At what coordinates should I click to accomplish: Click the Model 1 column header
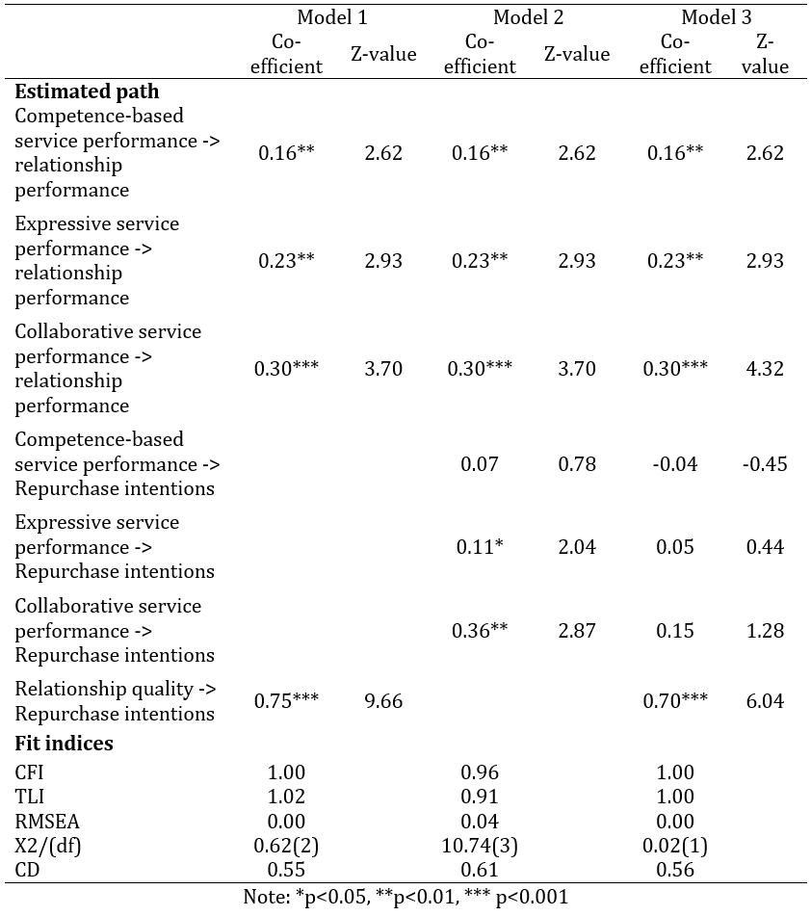332,17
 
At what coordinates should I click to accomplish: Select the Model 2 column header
528,17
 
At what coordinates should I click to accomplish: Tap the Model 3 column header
717,17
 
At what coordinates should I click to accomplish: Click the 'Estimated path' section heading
87,92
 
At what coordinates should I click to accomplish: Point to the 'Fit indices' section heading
64,743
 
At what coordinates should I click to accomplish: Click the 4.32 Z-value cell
765,369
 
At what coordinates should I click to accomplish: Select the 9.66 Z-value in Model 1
383,701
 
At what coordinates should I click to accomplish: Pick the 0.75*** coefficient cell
286,700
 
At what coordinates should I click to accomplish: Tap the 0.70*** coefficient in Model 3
675,700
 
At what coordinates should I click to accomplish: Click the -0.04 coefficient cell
675,464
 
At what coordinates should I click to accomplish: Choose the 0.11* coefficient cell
480,547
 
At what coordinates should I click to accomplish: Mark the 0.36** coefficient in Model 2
480,630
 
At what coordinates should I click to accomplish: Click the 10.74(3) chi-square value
480,846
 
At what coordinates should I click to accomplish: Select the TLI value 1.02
286,797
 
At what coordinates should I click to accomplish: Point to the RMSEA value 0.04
480,822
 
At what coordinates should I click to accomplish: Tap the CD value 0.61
480,870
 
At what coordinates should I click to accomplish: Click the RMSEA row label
47,822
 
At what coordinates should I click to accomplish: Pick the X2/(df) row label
48,846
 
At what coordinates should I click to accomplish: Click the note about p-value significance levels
405,898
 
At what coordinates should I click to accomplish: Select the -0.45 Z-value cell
765,464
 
